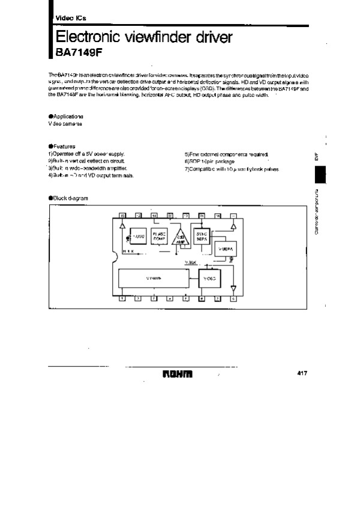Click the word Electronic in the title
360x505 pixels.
point(88,38)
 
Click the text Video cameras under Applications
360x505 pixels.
point(65,123)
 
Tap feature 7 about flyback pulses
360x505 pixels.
point(232,169)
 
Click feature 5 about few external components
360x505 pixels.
point(226,154)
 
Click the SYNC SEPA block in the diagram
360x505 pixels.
point(201,235)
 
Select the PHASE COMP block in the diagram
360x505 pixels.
point(159,236)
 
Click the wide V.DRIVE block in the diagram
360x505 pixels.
point(154,279)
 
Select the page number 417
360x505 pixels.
point(301,373)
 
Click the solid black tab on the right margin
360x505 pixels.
point(320,175)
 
